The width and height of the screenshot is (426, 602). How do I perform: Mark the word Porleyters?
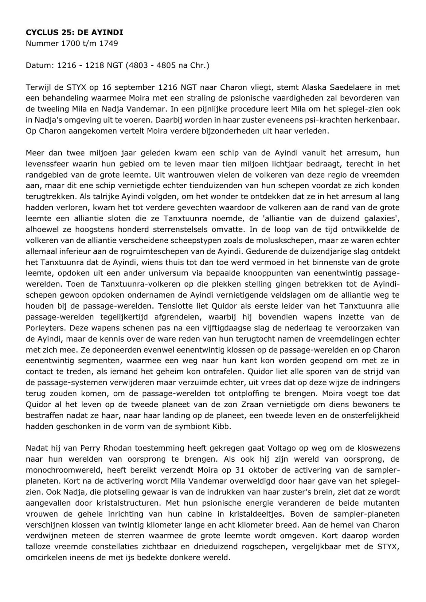[43, 327]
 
